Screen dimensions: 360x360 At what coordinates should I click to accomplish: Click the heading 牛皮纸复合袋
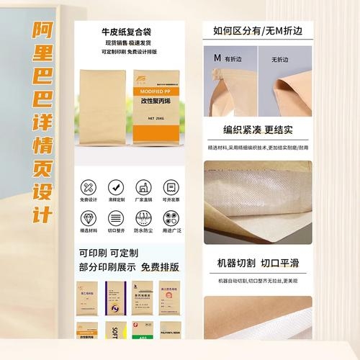coord(130,32)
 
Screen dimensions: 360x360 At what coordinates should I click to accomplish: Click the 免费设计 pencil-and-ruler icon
coord(88,186)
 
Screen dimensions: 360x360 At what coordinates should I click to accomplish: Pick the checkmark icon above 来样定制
coord(115,186)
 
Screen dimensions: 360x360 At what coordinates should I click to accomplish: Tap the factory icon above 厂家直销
coord(143,186)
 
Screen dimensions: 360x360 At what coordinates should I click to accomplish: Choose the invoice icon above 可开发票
coord(170,186)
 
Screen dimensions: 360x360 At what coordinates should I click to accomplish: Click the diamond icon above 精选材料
coord(88,217)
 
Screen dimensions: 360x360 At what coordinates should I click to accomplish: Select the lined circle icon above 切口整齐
coord(115,217)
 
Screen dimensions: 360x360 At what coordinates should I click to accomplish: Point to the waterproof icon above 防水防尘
coord(143,217)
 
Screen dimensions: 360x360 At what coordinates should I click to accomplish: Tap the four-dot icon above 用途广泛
coord(170,217)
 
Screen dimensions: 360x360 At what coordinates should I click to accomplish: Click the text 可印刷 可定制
coord(108,253)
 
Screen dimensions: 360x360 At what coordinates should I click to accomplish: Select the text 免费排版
coord(160,267)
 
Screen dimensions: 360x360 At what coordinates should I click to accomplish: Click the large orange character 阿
coord(43,33)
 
